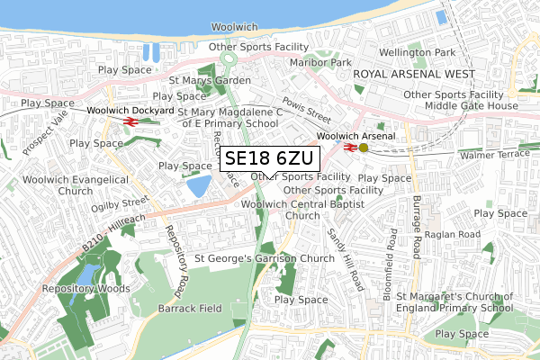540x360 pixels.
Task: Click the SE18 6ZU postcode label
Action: pyautogui.click(x=268, y=159)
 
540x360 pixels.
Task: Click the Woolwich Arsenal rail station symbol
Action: pyautogui.click(x=347, y=147)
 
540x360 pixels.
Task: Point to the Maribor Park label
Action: pyautogui.click(x=320, y=63)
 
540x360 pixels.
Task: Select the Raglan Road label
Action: pyautogui.click(x=456, y=234)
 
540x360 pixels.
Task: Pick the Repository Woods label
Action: pyautogui.click(x=82, y=290)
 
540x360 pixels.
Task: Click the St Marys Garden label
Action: pyautogui.click(x=210, y=80)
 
